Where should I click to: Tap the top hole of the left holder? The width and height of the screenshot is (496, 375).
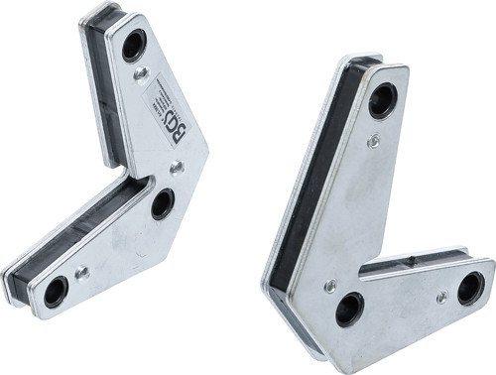click(x=133, y=45)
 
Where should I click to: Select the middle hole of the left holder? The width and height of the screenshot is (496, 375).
click(x=163, y=203)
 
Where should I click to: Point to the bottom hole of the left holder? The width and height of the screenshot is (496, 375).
click(x=56, y=291)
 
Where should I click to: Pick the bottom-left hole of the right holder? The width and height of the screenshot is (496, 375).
click(x=349, y=310)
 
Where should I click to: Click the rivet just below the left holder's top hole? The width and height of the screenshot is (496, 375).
click(x=142, y=73)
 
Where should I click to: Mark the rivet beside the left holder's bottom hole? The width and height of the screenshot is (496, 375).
click(x=83, y=271)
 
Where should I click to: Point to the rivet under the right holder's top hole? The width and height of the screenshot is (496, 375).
click(x=373, y=141)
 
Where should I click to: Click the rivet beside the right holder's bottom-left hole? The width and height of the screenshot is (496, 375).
click(x=329, y=286)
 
